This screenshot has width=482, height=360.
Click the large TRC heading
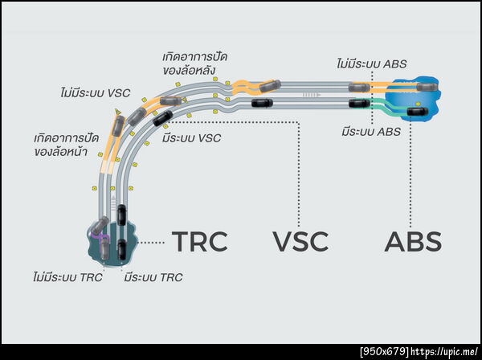coord(200,240)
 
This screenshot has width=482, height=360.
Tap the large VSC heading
coord(301,241)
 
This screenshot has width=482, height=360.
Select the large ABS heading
coord(413,241)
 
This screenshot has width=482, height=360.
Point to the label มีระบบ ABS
coord(370,131)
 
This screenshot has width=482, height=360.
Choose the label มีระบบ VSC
coord(190,138)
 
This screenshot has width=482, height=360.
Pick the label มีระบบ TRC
coord(153,278)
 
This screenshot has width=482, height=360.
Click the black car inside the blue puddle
coord(418,111)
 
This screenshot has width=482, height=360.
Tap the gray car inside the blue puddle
coord(425,86)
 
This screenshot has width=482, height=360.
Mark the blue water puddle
coord(411,99)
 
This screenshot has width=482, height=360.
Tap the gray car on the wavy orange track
coord(270,84)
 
